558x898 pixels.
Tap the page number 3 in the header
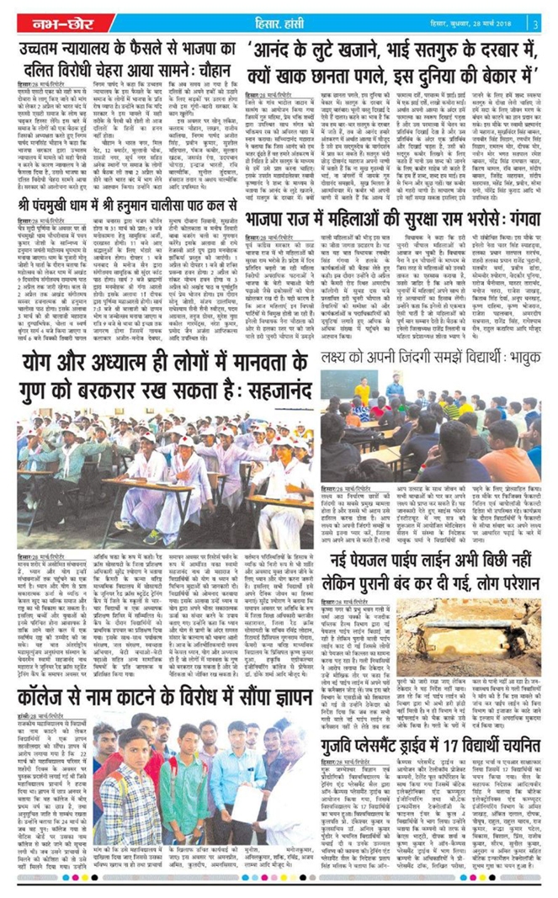pos(535,23)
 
